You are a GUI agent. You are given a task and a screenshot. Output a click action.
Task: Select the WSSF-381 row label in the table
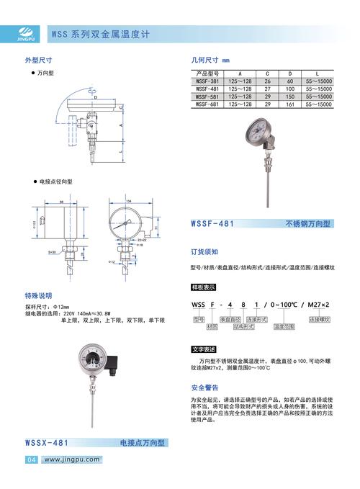click(208, 81)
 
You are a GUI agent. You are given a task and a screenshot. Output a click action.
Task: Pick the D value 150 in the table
click(289, 97)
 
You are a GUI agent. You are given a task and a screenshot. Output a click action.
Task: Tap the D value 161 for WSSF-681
click(289, 104)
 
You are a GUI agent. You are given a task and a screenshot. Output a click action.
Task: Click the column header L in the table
click(318, 73)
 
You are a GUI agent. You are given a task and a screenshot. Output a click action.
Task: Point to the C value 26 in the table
click(267, 81)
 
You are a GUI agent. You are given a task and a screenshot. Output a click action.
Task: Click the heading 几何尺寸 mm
click(210, 61)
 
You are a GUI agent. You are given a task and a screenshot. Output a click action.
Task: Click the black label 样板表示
click(203, 287)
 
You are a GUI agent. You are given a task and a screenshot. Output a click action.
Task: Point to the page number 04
click(32, 459)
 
